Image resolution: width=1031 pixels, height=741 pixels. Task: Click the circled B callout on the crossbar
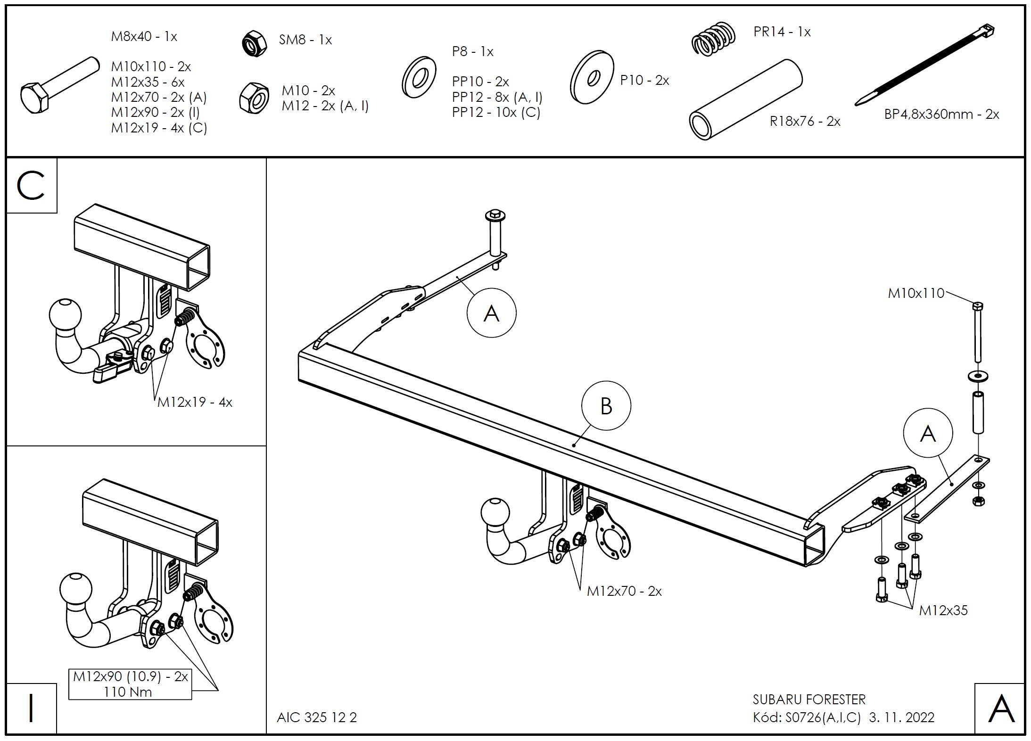pyautogui.click(x=606, y=406)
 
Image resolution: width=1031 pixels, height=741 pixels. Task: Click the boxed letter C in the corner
pyautogui.click(x=31, y=186)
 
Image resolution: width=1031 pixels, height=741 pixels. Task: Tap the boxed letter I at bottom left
pyautogui.click(x=31, y=708)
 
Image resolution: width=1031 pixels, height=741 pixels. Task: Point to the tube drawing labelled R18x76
pyautogui.click(x=746, y=99)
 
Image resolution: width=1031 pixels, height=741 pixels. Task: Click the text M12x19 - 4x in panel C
pyautogui.click(x=195, y=403)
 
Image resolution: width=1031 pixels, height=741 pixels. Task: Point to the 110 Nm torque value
pyautogui.click(x=128, y=692)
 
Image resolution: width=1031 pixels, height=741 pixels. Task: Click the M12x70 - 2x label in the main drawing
pyautogui.click(x=624, y=591)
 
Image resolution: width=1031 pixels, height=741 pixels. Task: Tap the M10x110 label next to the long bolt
pyautogui.click(x=916, y=293)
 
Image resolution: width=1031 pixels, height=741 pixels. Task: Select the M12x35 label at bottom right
pyautogui.click(x=943, y=610)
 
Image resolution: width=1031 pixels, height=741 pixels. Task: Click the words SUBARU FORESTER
pyautogui.click(x=809, y=699)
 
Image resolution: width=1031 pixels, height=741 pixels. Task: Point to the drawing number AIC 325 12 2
pyautogui.click(x=317, y=717)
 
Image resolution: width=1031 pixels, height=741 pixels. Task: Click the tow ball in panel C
pyautogui.click(x=65, y=314)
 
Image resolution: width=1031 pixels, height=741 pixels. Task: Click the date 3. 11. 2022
pyautogui.click(x=901, y=717)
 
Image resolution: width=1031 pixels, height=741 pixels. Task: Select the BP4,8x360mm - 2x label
pyautogui.click(x=941, y=115)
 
